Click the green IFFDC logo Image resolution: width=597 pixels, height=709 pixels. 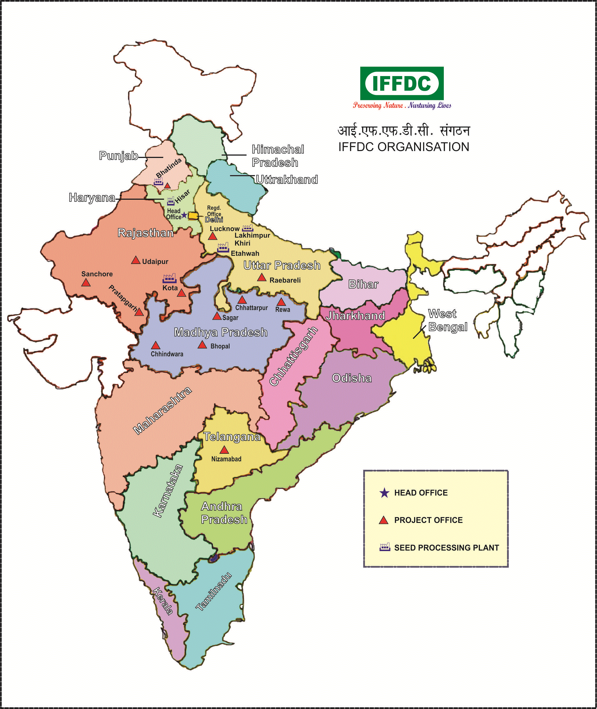pyautogui.click(x=402, y=83)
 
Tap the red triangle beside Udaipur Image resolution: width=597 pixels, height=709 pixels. pyautogui.click(x=136, y=260)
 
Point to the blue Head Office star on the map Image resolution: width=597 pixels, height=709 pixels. pyautogui.click(x=184, y=215)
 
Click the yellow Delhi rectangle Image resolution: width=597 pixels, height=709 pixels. pyautogui.click(x=193, y=216)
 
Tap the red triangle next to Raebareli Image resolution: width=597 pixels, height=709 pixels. pyautogui.click(x=261, y=277)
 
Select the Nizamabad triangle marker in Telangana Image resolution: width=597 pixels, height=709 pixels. pyautogui.click(x=224, y=450)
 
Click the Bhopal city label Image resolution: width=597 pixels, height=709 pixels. pyautogui.click(x=220, y=346)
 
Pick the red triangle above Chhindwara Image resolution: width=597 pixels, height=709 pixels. pyautogui.click(x=156, y=346)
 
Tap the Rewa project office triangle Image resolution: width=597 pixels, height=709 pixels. pyautogui.click(x=281, y=302)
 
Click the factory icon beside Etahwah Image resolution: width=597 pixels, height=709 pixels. pyautogui.click(x=223, y=248)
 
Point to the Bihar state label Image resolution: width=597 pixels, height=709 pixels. pyautogui.click(x=363, y=284)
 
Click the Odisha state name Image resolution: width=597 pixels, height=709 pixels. pyautogui.click(x=352, y=378)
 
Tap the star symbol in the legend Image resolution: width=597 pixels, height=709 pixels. pyautogui.click(x=384, y=493)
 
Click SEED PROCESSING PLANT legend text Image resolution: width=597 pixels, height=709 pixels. pyautogui.click(x=446, y=548)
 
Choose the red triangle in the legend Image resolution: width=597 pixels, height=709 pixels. pyautogui.click(x=384, y=521)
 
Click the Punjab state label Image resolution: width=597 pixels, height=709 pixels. pyautogui.click(x=118, y=156)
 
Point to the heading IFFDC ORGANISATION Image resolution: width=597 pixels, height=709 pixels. pyautogui.click(x=404, y=147)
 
